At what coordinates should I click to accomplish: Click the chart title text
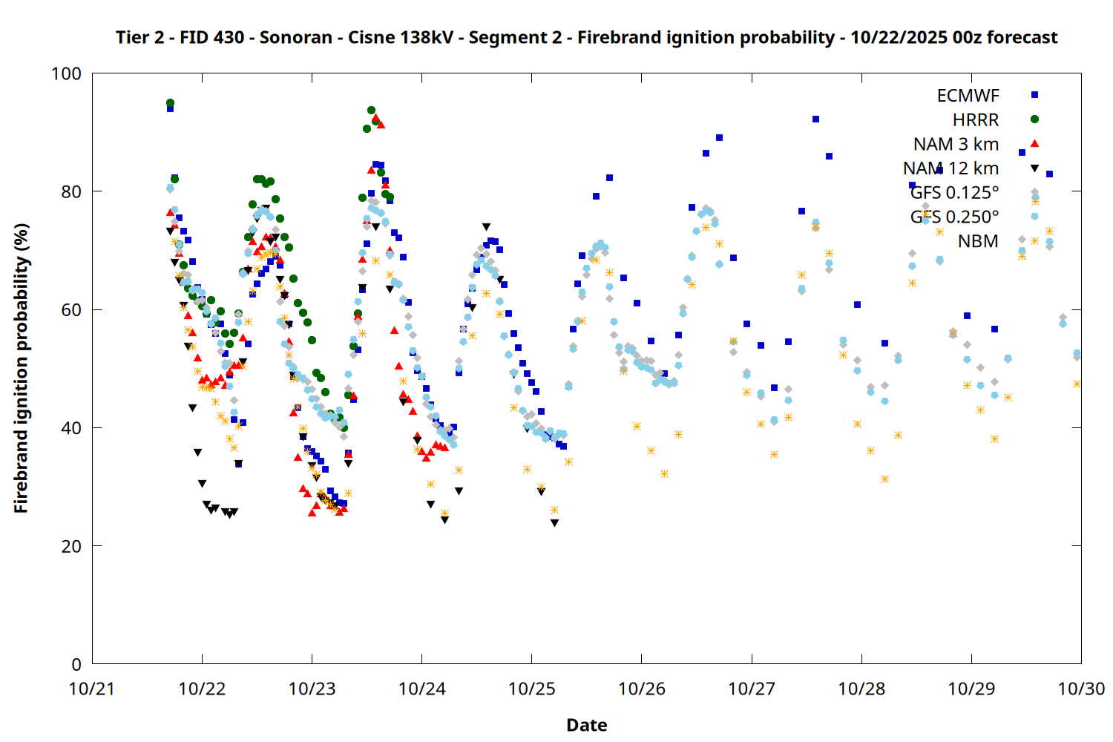tap(586, 37)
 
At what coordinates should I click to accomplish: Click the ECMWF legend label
tap(968, 96)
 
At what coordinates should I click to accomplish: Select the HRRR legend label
tap(976, 120)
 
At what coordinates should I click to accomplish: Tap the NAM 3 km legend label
tap(956, 144)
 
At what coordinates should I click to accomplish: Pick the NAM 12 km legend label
tap(951, 168)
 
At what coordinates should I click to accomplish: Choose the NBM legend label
tap(978, 241)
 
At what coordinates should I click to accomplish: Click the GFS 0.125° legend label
tap(954, 193)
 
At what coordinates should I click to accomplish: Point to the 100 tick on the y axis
tap(66, 73)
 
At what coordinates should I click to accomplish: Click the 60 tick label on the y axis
tap(71, 309)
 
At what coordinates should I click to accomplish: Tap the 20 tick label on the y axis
tap(71, 546)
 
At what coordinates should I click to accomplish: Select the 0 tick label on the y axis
tap(76, 664)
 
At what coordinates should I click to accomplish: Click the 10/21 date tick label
tap(92, 689)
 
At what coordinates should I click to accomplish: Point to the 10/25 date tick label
tap(531, 689)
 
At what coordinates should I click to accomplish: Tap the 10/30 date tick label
tap(1081, 689)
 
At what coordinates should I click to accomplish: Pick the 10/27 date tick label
tap(752, 689)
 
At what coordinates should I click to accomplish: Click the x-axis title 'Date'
tap(586, 725)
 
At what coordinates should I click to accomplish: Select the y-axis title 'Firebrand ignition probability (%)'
tap(21, 368)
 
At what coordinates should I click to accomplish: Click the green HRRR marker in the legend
tap(1034, 119)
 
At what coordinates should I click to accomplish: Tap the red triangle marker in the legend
tap(1034, 143)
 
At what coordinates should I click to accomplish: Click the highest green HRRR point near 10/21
tap(170, 103)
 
